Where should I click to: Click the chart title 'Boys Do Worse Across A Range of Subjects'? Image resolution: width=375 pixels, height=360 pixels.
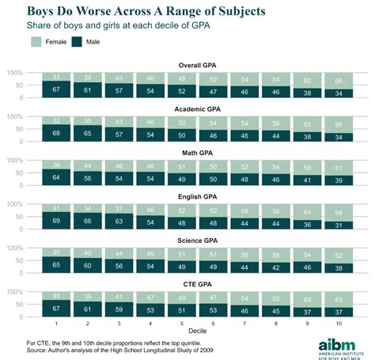coord(146,12)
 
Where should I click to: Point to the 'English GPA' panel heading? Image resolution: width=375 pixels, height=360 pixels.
coord(187,188)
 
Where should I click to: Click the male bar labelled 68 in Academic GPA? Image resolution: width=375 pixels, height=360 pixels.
coord(55,132)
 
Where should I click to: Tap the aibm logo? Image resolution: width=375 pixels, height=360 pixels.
coord(335,344)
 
